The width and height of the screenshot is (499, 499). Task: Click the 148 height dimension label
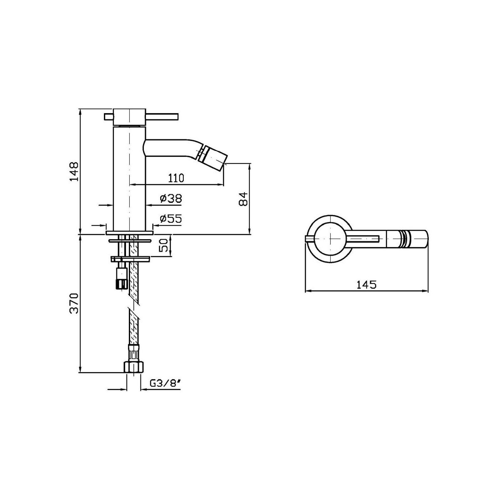[x=74, y=171]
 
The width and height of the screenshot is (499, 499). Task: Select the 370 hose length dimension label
[x=74, y=303]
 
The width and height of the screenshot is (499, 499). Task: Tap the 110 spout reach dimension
[x=176, y=178]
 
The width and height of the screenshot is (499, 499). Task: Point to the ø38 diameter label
[x=170, y=198]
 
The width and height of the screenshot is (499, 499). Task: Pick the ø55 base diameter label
[x=170, y=219]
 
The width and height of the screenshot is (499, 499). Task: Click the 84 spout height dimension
[x=243, y=199]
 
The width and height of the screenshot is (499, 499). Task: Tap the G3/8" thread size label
[x=165, y=390]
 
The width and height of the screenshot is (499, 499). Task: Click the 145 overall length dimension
[x=366, y=284]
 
